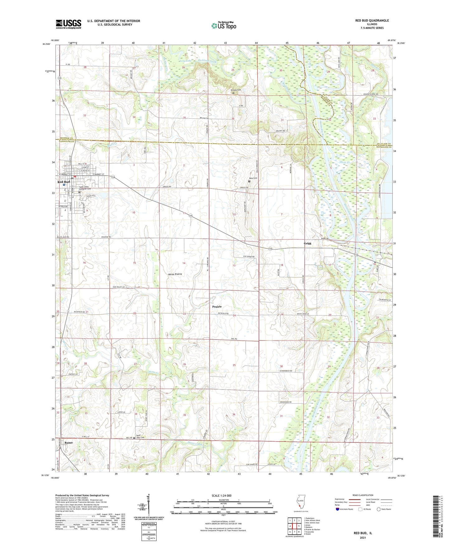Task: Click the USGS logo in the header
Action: point(69,24)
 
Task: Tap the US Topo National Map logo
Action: point(223,25)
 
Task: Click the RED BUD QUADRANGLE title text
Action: point(372,21)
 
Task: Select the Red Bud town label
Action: point(63,182)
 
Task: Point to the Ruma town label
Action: point(68,443)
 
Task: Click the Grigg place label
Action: point(307,243)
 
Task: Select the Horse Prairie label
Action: point(175,274)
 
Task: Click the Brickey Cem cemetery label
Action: point(236,90)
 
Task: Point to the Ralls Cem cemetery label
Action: point(253,178)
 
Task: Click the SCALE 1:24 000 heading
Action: point(221,496)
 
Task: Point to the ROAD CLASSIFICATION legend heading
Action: point(362,495)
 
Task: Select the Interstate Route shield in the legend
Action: point(338,509)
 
